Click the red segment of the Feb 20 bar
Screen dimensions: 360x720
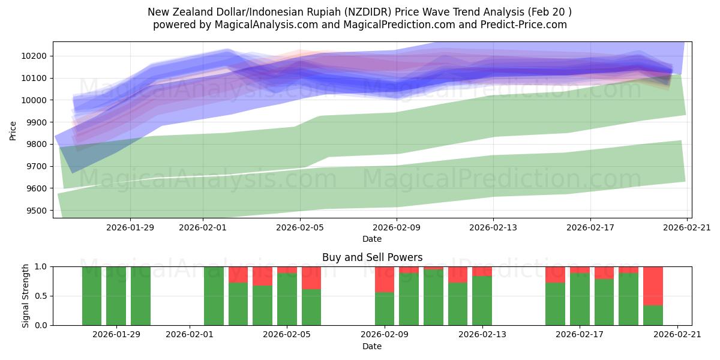(x=653, y=286)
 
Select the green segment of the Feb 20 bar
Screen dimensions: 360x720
(x=653, y=315)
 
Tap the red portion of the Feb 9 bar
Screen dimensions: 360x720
(x=385, y=279)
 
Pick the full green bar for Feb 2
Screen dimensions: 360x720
(x=214, y=296)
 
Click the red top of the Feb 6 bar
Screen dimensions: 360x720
(x=311, y=277)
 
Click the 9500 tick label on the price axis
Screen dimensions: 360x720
(x=40, y=211)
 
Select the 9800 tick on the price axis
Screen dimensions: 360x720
(x=40, y=145)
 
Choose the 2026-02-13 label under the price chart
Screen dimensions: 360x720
(x=493, y=227)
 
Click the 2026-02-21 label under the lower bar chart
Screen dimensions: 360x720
(x=677, y=335)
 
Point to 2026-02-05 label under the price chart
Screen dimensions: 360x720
(x=299, y=227)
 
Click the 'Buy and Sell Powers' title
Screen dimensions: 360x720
(x=372, y=257)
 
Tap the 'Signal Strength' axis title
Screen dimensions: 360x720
(x=26, y=296)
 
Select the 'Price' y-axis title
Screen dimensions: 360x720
(x=13, y=130)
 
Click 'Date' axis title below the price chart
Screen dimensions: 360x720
(x=372, y=239)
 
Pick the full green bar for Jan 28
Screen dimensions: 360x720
(x=92, y=296)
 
